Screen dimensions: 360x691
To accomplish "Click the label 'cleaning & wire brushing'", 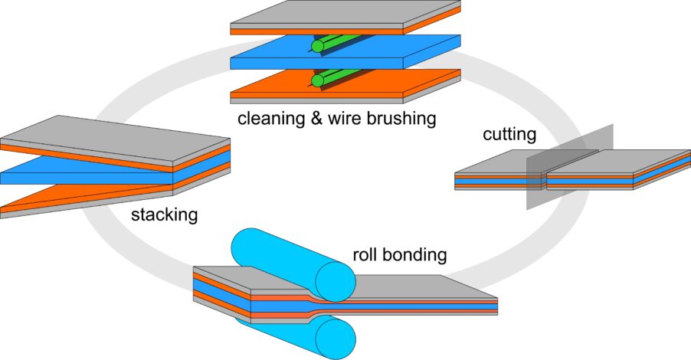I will (336, 119).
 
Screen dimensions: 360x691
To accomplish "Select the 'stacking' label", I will (163, 214).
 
